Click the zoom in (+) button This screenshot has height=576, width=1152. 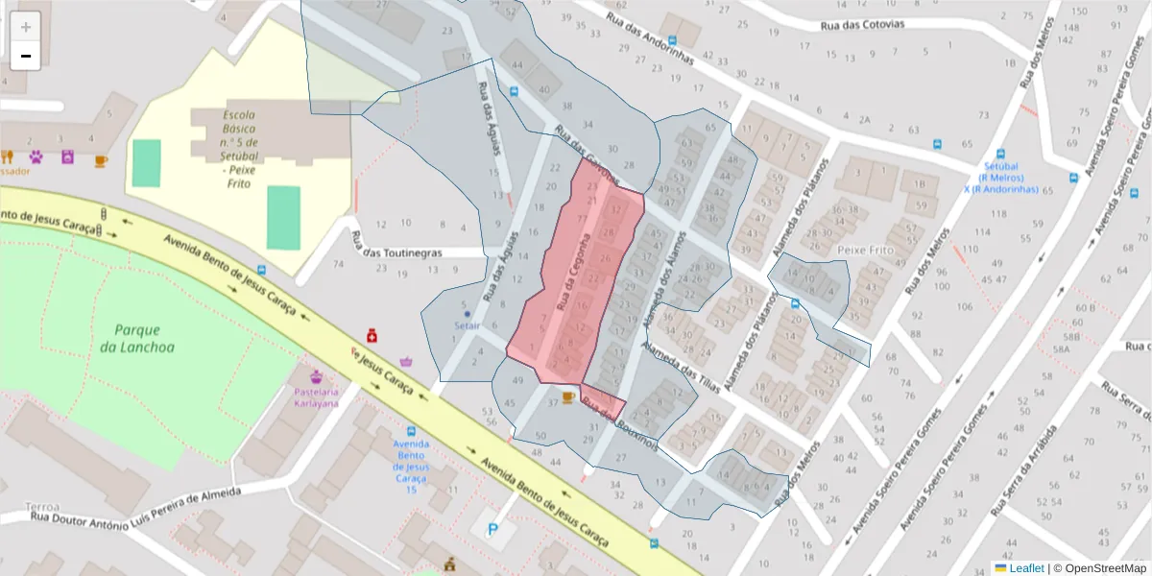26,26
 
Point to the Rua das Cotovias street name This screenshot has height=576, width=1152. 862,24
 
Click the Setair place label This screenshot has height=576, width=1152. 468,326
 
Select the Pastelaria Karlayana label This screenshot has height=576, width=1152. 316,397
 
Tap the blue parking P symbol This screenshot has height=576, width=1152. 494,529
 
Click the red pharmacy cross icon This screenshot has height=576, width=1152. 371,335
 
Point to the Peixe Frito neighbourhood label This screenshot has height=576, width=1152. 865,250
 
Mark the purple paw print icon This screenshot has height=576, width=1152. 36,156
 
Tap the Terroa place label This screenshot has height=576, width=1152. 42,506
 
